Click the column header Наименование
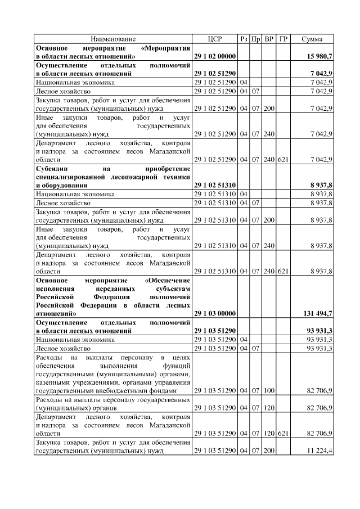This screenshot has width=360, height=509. tap(113, 39)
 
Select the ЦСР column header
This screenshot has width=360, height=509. tap(215, 39)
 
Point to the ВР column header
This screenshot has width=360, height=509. tap(269, 39)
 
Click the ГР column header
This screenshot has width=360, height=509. tap(283, 39)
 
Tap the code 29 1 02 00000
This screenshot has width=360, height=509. tap(215, 57)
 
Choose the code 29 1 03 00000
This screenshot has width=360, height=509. tap(215, 313)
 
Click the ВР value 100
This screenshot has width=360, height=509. tap(269, 389)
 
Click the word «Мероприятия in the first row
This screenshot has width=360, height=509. tap(165, 48)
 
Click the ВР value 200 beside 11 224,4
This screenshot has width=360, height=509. tap(269, 451)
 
